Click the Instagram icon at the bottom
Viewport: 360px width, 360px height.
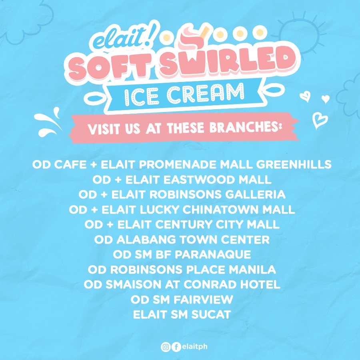point(166,347)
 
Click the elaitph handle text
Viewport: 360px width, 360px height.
point(194,347)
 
